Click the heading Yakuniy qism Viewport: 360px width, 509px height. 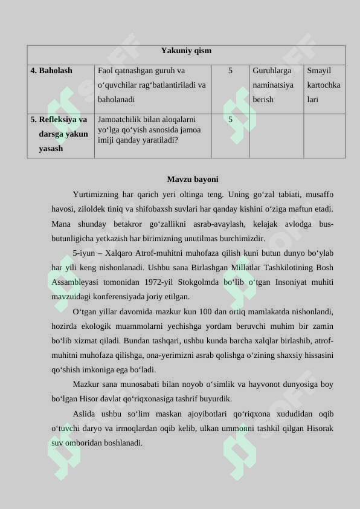[186, 51]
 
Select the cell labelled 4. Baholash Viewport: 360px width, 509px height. [51, 71]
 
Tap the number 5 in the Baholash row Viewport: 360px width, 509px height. [230, 71]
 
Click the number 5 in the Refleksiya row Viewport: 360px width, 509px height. [230, 119]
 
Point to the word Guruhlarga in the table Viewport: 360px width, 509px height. [272, 71]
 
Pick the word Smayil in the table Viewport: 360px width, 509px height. [319, 71]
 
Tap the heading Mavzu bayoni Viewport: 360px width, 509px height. [193, 180]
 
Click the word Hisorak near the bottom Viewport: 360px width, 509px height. [318, 429]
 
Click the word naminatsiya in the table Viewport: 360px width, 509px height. [273, 85]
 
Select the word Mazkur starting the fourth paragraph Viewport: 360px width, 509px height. [86, 384]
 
